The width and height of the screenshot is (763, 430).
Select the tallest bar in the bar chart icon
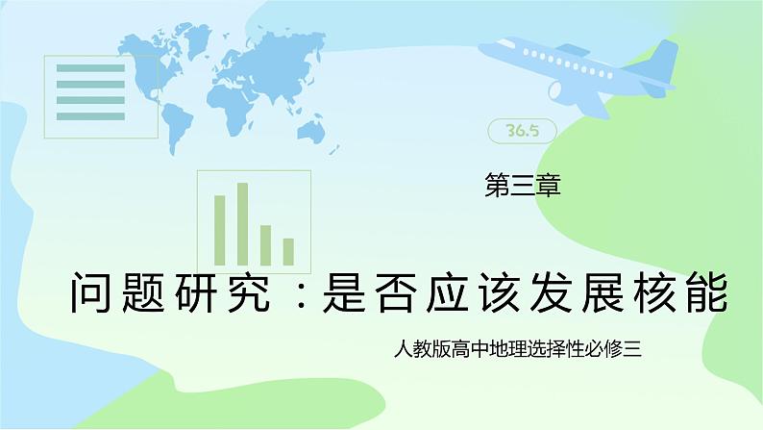click(x=242, y=223)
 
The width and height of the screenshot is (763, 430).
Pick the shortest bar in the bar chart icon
click(x=288, y=251)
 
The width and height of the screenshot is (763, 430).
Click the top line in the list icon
click(x=90, y=68)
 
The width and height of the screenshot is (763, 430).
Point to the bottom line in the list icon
click(x=90, y=116)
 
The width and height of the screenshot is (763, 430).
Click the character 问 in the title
click(x=92, y=291)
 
